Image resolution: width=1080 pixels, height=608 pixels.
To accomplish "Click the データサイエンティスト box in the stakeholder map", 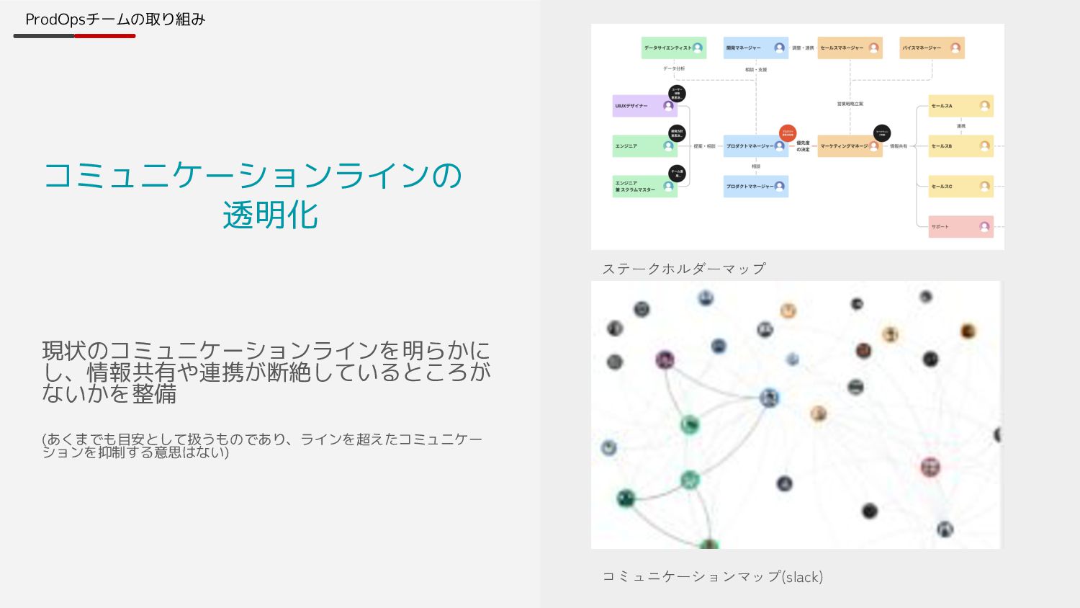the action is [x=673, y=48].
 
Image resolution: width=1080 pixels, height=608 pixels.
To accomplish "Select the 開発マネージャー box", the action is [x=755, y=48].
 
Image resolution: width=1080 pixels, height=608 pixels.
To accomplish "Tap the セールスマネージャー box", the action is [x=850, y=48].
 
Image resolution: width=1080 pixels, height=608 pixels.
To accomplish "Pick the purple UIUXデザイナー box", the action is [x=644, y=106].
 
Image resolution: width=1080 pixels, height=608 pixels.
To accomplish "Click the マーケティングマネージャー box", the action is [x=850, y=146].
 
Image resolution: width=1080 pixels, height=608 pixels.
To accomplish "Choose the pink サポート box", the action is [x=960, y=227].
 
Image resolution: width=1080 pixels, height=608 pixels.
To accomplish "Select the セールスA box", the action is [x=960, y=106].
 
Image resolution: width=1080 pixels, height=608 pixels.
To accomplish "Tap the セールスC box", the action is [x=960, y=187].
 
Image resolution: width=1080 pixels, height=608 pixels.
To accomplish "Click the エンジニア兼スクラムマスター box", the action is [x=644, y=187].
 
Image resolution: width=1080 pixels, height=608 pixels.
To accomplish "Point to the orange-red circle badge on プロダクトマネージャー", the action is [x=788, y=133].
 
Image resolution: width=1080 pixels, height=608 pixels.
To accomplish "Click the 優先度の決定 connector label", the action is [x=803, y=146].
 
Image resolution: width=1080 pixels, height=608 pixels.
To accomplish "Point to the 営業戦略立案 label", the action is [x=850, y=104].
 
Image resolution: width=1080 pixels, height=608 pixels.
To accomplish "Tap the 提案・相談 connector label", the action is [x=704, y=146].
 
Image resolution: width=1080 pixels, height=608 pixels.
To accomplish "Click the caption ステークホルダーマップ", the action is [x=684, y=269].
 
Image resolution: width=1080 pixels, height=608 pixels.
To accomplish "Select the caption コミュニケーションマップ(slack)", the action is [x=712, y=576].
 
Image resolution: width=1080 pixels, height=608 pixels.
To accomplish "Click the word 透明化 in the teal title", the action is [x=271, y=215].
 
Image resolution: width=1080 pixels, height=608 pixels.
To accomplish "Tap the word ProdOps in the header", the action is [x=55, y=19].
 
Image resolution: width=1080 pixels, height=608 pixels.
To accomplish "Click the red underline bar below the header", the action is [x=105, y=36].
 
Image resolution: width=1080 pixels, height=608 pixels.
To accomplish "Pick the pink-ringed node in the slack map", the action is [x=930, y=467].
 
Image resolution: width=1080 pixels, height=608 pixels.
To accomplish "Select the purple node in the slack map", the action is [x=665, y=359].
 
